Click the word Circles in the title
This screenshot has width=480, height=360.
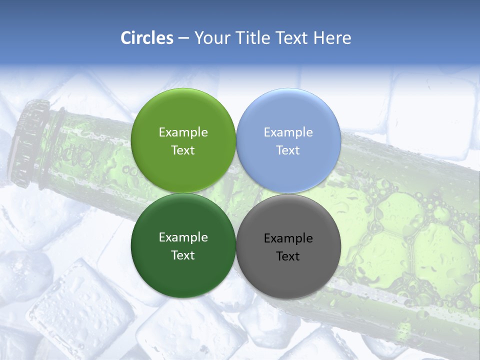click(147, 38)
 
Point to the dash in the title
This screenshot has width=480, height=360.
click(183, 38)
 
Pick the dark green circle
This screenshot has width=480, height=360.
click(183, 270)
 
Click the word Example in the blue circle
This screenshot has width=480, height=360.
click(288, 132)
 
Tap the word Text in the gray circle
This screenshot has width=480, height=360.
click(288, 256)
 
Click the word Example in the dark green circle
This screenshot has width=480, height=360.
click(183, 237)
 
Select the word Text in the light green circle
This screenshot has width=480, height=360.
click(183, 150)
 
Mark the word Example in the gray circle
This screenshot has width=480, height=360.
click(288, 238)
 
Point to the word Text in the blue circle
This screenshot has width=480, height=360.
click(288, 150)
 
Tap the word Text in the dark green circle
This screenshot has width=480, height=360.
click(183, 255)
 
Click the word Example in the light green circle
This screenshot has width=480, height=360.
click(183, 132)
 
